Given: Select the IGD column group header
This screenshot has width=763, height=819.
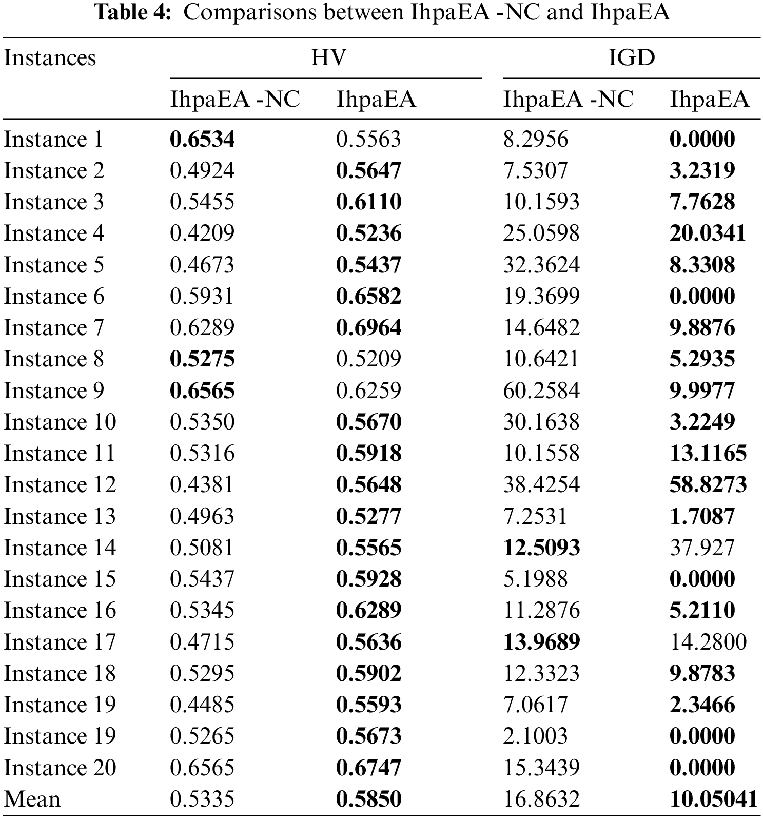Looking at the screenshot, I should tap(631, 57).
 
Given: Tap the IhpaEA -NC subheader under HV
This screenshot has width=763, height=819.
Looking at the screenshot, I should tap(234, 99).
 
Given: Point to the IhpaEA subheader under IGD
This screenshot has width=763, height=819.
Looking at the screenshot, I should tap(709, 99).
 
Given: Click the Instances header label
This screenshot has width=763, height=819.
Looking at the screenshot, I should tap(50, 57).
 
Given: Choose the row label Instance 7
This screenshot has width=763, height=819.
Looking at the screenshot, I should tap(54, 328).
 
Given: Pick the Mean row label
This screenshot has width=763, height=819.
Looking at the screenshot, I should tap(32, 800).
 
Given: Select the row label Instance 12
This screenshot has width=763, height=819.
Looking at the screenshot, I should tap(60, 485).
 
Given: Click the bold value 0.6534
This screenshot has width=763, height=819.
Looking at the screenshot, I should tap(202, 140).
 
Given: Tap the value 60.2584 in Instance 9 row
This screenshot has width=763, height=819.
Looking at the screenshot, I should tap(541, 391).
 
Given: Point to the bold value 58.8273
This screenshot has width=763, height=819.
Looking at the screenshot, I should tap(708, 485).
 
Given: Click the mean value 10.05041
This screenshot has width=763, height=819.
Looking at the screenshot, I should tap(713, 800).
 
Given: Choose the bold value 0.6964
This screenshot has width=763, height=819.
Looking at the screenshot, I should tap(368, 328).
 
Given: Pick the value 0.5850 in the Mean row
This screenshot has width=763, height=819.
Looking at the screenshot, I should tap(368, 800).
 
